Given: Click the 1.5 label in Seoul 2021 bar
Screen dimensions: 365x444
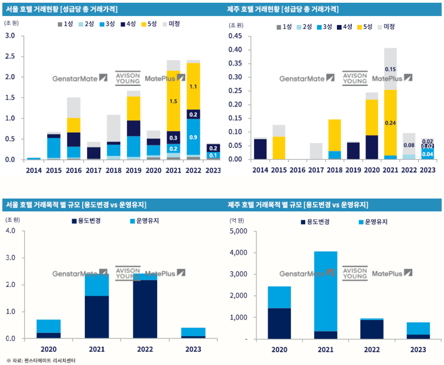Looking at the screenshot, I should [x=174, y=102].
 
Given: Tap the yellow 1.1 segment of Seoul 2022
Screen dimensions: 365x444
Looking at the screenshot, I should [x=193, y=87].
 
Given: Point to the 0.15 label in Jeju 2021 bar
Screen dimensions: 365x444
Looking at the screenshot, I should [x=391, y=69].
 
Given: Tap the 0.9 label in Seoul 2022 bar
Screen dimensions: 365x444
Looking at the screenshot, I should [x=193, y=137].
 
